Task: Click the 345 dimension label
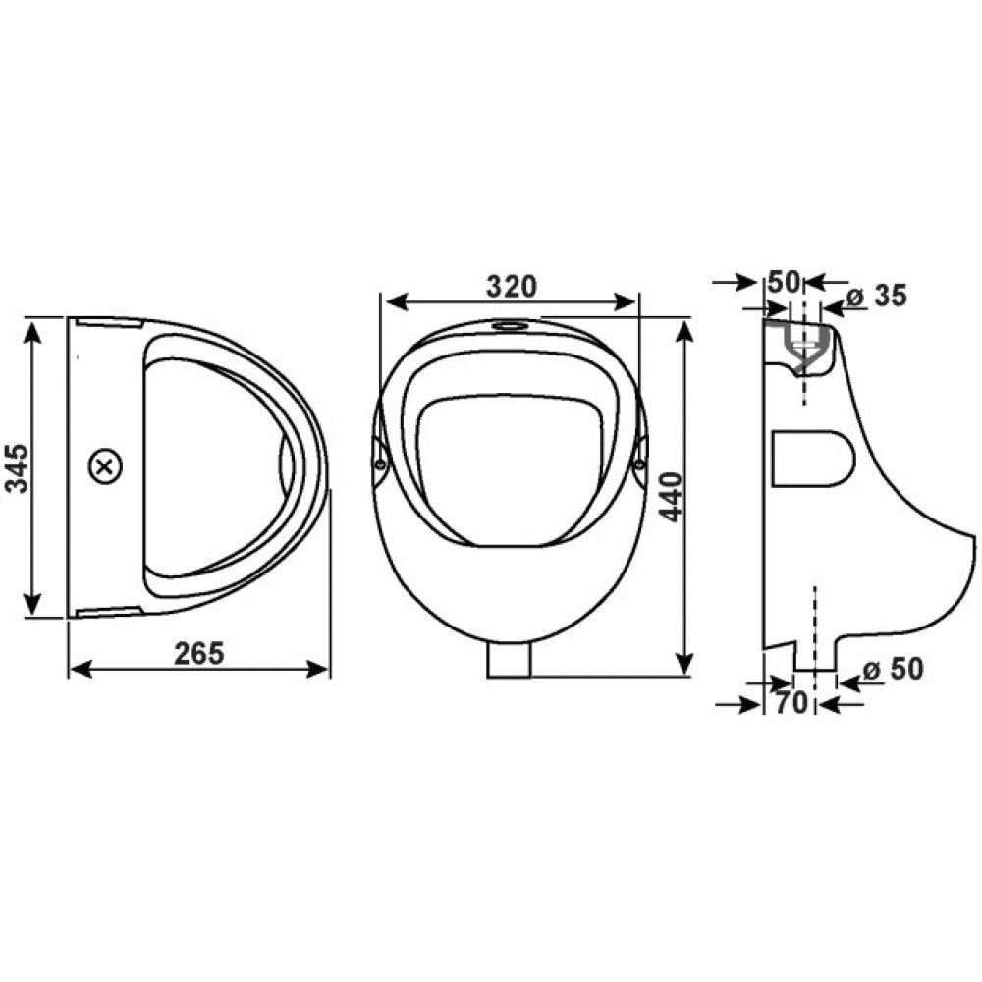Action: tap(18, 467)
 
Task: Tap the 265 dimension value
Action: tap(198, 654)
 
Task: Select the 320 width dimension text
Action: tap(512, 287)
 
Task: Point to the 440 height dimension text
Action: tap(672, 497)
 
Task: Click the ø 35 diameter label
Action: tap(876, 296)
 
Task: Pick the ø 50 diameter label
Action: tap(893, 669)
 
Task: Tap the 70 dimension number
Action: tap(791, 703)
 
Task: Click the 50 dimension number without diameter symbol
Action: tap(784, 283)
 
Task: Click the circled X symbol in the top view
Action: tap(106, 467)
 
